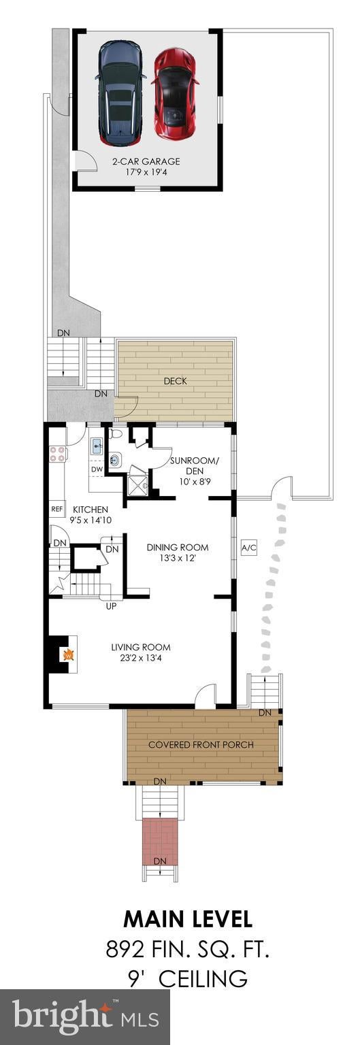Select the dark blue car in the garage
coord(120,93)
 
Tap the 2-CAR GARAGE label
coord(146,161)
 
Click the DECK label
coord(175,381)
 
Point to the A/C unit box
coord(248,548)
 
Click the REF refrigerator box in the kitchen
coord(56,509)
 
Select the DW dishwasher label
coord(97,469)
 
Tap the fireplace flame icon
coord(68,655)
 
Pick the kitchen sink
coord(97,446)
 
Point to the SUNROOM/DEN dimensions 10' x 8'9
coord(194,481)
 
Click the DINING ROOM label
coord(178,547)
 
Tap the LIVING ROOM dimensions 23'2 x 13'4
coord(141,659)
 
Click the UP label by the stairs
coord(111,606)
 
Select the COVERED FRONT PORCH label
coord(201,744)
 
